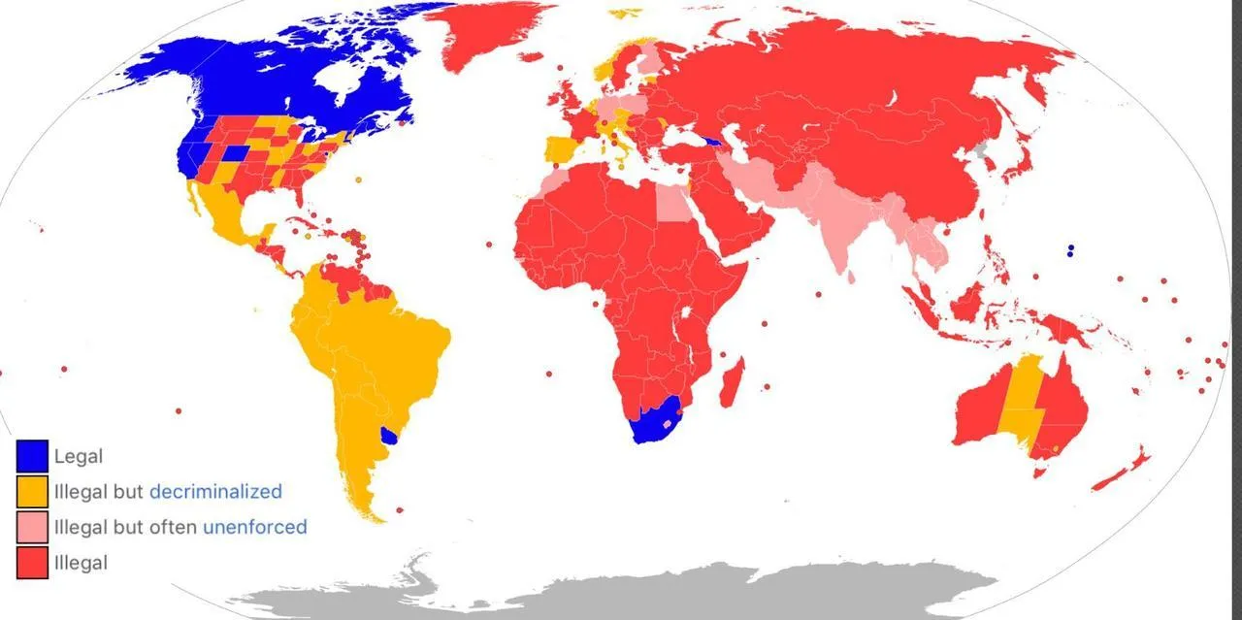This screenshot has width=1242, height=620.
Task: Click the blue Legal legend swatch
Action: (32, 456)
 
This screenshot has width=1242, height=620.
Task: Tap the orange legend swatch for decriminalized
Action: (32, 491)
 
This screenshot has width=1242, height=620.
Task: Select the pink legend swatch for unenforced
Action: (32, 527)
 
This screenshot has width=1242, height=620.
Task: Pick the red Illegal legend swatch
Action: (32, 563)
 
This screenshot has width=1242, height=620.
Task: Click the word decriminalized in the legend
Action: (215, 491)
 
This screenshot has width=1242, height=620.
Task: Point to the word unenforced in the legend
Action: (254, 527)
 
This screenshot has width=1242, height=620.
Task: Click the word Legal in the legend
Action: (79, 456)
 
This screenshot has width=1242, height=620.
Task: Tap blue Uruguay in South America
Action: (390, 436)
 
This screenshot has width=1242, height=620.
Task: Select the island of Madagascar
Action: (732, 382)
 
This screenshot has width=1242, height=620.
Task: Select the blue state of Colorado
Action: (234, 154)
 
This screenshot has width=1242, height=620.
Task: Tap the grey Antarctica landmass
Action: (621, 592)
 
